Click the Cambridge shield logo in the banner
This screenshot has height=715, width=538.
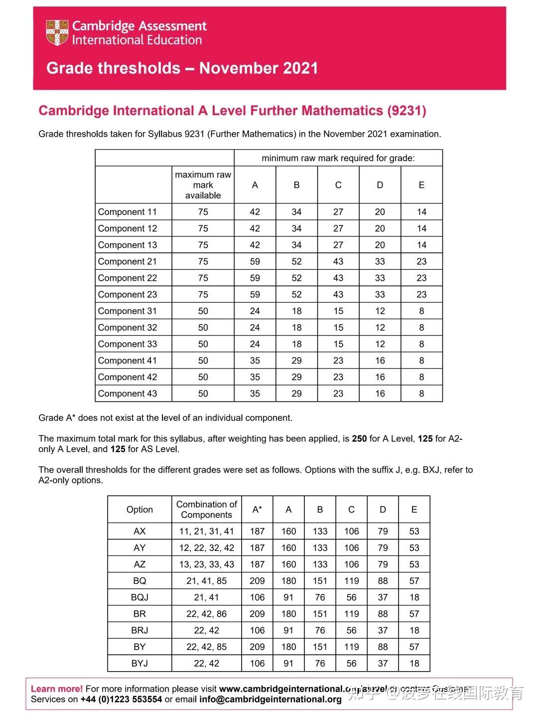(x=57, y=33)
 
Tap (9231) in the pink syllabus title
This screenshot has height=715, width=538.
(x=406, y=111)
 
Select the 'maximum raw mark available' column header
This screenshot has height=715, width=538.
(x=203, y=185)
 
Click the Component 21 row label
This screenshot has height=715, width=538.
(x=128, y=261)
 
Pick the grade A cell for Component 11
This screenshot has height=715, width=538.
(x=255, y=212)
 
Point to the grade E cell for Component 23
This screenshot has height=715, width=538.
(x=421, y=294)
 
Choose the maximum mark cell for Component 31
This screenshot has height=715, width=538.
(x=203, y=311)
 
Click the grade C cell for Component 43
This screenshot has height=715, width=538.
(x=338, y=393)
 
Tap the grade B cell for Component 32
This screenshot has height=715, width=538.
(x=296, y=328)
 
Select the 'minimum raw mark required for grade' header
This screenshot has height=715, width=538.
(x=338, y=158)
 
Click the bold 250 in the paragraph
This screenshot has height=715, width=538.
(x=359, y=439)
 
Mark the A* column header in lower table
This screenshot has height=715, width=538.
(x=257, y=510)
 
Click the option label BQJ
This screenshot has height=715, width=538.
(x=139, y=597)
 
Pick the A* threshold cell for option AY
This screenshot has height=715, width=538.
(x=257, y=548)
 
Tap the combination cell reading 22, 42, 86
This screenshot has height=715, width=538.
(x=206, y=614)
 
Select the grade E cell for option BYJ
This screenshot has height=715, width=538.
(x=414, y=664)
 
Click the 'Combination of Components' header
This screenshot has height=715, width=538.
(x=206, y=510)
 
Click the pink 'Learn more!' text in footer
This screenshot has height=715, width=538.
(x=57, y=689)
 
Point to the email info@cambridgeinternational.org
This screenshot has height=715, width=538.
(x=270, y=700)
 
